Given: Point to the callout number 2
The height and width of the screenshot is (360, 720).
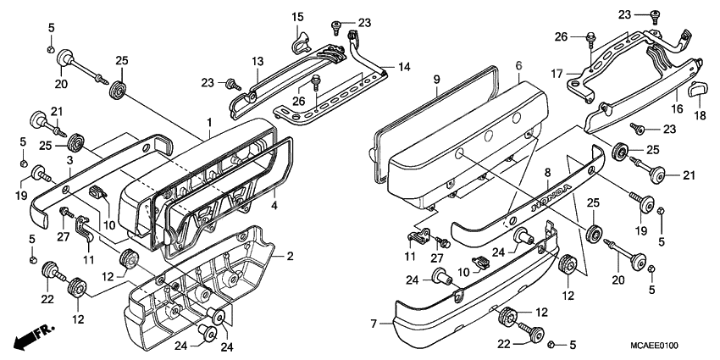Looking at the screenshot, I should [290, 256].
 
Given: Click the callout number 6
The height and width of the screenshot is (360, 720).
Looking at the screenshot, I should [518, 65].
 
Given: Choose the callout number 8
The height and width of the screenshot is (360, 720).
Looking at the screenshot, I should [547, 173].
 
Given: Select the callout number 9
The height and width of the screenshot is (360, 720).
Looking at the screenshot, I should [437, 80].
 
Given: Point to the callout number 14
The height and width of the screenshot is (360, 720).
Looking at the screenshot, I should [402, 66].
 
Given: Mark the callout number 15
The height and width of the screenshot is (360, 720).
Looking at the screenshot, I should [297, 18].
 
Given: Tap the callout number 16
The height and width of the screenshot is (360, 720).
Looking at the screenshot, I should [678, 110].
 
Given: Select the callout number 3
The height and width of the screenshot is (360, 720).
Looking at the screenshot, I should [68, 159].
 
